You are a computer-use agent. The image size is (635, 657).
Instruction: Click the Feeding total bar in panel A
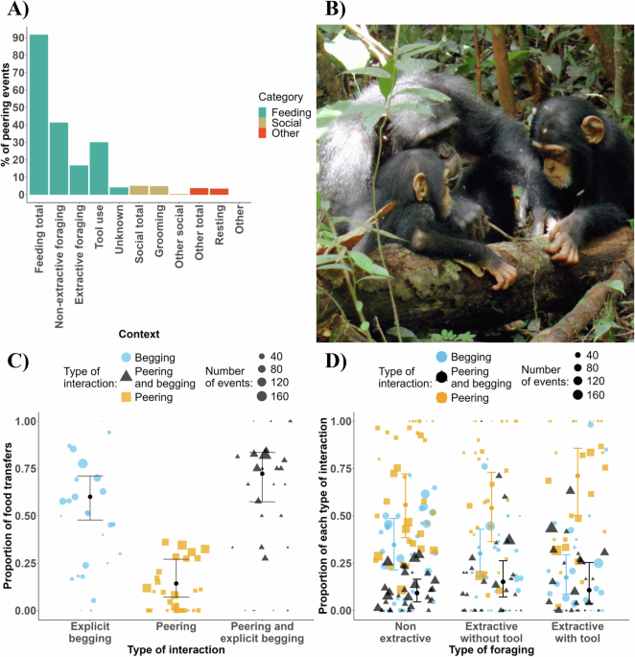pos(38,114)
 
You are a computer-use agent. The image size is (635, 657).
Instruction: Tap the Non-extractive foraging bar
pos(59,158)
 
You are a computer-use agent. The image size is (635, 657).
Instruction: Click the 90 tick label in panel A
pos(17,37)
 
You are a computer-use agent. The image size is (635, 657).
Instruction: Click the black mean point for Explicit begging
pos(89,497)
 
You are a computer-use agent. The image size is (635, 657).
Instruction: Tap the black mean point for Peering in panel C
pos(176,583)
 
